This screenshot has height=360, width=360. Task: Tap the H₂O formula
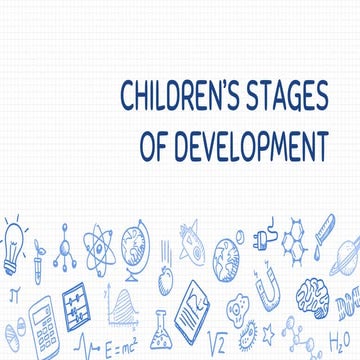pyautogui.click(x=344, y=339)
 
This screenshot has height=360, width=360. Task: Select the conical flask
pyautogui.click(x=160, y=336)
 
